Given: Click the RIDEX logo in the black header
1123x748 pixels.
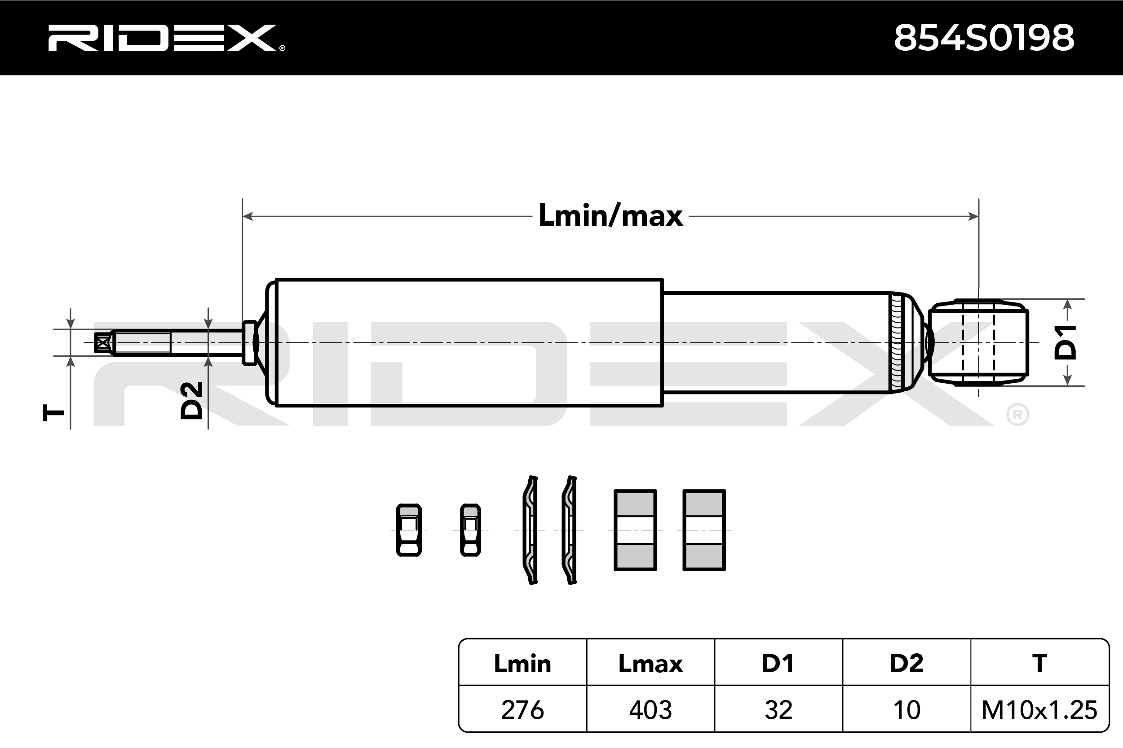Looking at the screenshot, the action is coord(166,38).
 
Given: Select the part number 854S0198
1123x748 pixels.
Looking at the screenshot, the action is coord(984,38).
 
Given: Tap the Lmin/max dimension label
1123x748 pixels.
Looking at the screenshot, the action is coord(610,216).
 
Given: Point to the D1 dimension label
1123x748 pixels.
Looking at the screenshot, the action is coord(1065,341).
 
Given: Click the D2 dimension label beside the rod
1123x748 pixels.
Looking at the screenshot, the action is coord(191,401).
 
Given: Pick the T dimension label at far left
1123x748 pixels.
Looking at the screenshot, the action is coord(53,412).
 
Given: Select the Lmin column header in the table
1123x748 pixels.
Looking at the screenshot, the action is coord(522,664).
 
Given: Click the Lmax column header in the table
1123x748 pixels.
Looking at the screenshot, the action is coord(650,664).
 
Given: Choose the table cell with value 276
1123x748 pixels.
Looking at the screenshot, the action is coord(522,710).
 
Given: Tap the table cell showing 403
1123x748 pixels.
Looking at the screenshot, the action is coord(650,710).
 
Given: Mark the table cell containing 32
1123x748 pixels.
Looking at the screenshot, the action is coord(778,710).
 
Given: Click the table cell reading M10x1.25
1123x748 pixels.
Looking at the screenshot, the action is coord(1039,710).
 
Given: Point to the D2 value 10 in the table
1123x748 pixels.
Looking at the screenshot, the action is coord(906,710).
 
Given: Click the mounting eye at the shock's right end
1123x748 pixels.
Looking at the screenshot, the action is coord(978,342).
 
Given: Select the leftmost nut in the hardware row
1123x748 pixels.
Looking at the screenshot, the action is coord(409,530).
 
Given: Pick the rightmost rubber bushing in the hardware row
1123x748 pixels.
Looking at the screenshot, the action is coord(704,530).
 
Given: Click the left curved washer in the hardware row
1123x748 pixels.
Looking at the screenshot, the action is coord(531,530).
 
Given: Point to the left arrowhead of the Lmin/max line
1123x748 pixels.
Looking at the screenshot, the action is coord(248,217).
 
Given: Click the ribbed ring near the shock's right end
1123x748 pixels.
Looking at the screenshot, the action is coord(896,342).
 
